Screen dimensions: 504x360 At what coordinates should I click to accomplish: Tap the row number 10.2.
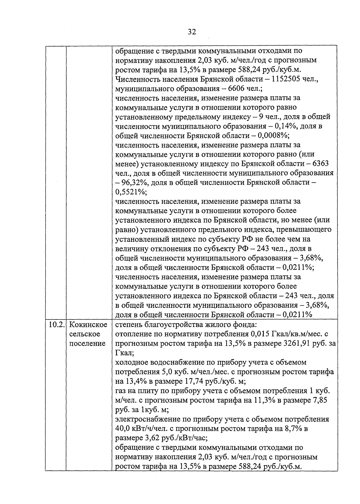click(56, 325)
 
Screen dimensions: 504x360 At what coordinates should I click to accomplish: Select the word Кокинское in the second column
click(88, 325)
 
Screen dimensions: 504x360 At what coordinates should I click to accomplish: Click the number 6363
click(320, 164)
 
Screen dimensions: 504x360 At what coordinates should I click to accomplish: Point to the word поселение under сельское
click(87, 343)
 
